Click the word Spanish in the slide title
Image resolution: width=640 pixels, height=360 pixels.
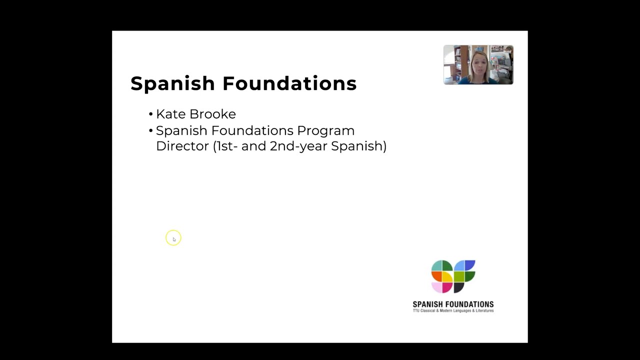(173, 83)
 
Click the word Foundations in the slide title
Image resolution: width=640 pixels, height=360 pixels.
(289, 83)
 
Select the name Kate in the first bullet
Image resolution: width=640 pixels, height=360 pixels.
(171, 114)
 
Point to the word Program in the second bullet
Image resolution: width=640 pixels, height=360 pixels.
(325, 130)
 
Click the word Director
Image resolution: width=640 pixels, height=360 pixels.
(182, 146)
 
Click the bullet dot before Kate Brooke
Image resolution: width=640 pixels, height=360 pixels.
(150, 114)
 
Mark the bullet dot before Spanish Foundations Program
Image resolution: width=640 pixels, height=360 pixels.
(150, 131)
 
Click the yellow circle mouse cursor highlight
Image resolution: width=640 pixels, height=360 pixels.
(173, 238)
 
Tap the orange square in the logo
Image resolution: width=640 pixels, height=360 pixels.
(436, 276)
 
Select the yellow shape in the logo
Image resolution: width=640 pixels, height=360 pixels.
(447, 276)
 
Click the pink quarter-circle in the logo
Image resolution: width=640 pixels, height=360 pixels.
(437, 287)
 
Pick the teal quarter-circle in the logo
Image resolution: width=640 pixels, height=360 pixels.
(437, 265)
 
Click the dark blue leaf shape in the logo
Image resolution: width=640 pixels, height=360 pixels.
(469, 265)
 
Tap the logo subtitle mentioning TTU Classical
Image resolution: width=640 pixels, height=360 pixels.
(453, 310)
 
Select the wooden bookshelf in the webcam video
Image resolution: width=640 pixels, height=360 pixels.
(454, 65)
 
